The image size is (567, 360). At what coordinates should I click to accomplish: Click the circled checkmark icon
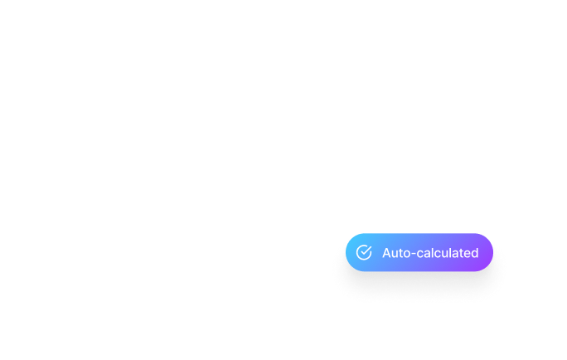point(364,252)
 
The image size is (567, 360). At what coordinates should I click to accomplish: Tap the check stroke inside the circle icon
point(366,251)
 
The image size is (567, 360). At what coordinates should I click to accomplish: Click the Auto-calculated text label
point(430,253)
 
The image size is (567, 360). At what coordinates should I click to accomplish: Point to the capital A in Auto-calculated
point(387,253)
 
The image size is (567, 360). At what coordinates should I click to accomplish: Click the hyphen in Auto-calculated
point(414,254)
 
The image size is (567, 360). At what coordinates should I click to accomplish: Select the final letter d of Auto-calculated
point(474,253)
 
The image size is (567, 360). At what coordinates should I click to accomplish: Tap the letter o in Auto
point(406,255)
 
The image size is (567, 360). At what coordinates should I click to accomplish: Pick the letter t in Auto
point(400,253)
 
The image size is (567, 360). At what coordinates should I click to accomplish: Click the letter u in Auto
point(395,255)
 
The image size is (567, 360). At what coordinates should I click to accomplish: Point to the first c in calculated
point(420,255)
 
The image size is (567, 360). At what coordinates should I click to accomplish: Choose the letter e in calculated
point(467,255)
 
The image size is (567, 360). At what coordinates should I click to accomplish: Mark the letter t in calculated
point(461,253)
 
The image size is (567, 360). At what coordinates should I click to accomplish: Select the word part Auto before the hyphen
point(396,253)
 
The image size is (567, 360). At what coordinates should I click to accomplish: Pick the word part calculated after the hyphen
point(448,253)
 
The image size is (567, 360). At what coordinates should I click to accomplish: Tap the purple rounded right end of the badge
point(487,252)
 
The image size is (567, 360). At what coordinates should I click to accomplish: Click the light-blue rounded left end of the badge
point(351,252)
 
